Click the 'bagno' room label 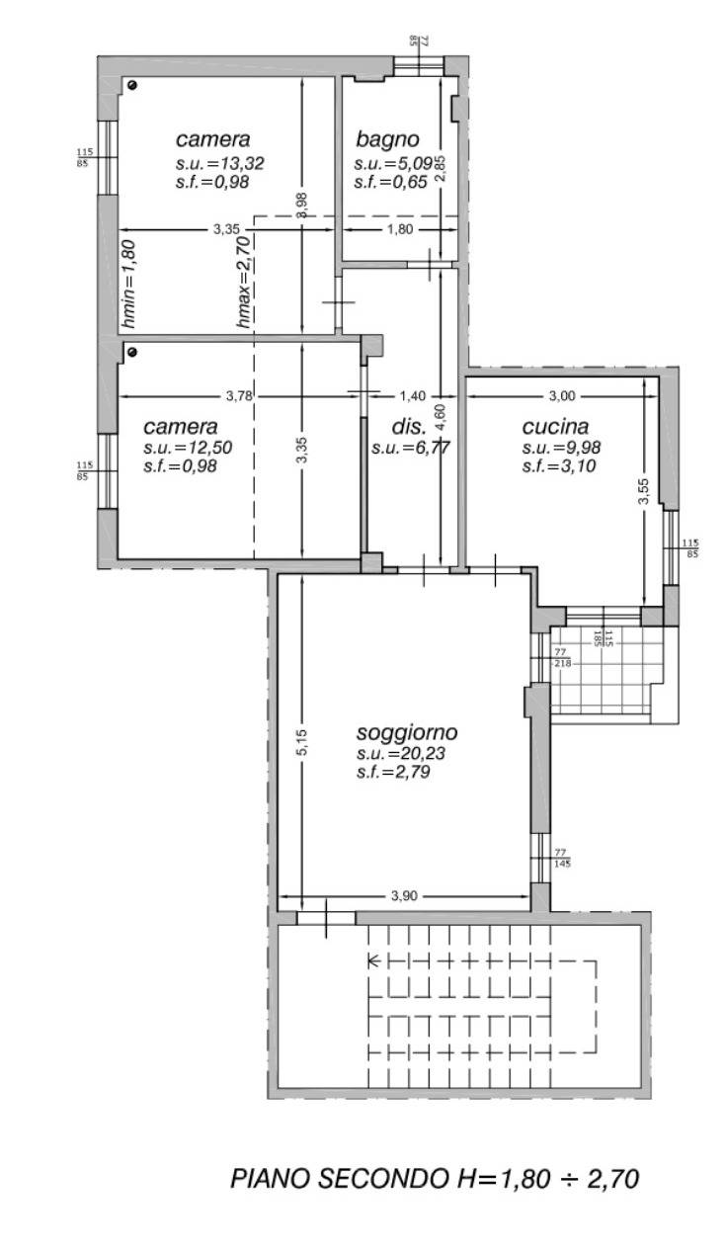coord(387,140)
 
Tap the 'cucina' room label coord(555,427)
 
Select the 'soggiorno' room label coord(407,733)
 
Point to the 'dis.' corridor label coord(410,428)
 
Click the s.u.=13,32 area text coord(219,163)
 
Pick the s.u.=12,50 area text coord(188,448)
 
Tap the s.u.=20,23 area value coord(401,753)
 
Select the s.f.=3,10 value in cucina coord(559,465)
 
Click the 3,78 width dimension coord(239,396)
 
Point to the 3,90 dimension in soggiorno coord(404,896)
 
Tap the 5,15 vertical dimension coord(301,742)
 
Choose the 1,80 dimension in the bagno coord(400,229)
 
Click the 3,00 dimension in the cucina coord(562,396)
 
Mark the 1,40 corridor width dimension coord(412,396)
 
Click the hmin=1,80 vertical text coord(128,284)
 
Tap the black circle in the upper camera coord(131,85)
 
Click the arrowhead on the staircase coord(373,961)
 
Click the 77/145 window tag coord(562,858)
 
